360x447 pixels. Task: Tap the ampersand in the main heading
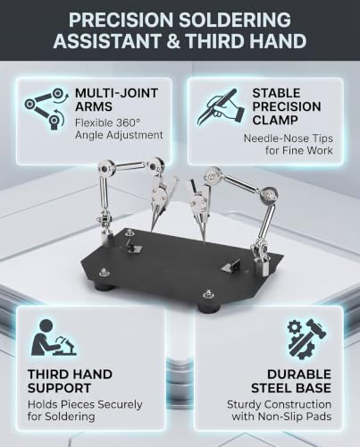173,41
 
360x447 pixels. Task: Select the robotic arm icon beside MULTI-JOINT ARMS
45,109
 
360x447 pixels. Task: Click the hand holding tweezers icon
221,107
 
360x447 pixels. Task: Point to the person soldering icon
54,338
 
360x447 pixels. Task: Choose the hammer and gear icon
306,338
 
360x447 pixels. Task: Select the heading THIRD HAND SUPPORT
70,381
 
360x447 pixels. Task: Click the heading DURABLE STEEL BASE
291,381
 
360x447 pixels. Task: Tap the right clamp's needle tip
204,240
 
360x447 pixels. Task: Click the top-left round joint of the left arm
104,169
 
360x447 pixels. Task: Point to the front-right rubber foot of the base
207,306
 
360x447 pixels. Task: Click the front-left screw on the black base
104,272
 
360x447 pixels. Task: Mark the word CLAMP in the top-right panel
275,120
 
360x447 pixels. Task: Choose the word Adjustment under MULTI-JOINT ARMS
119,135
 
